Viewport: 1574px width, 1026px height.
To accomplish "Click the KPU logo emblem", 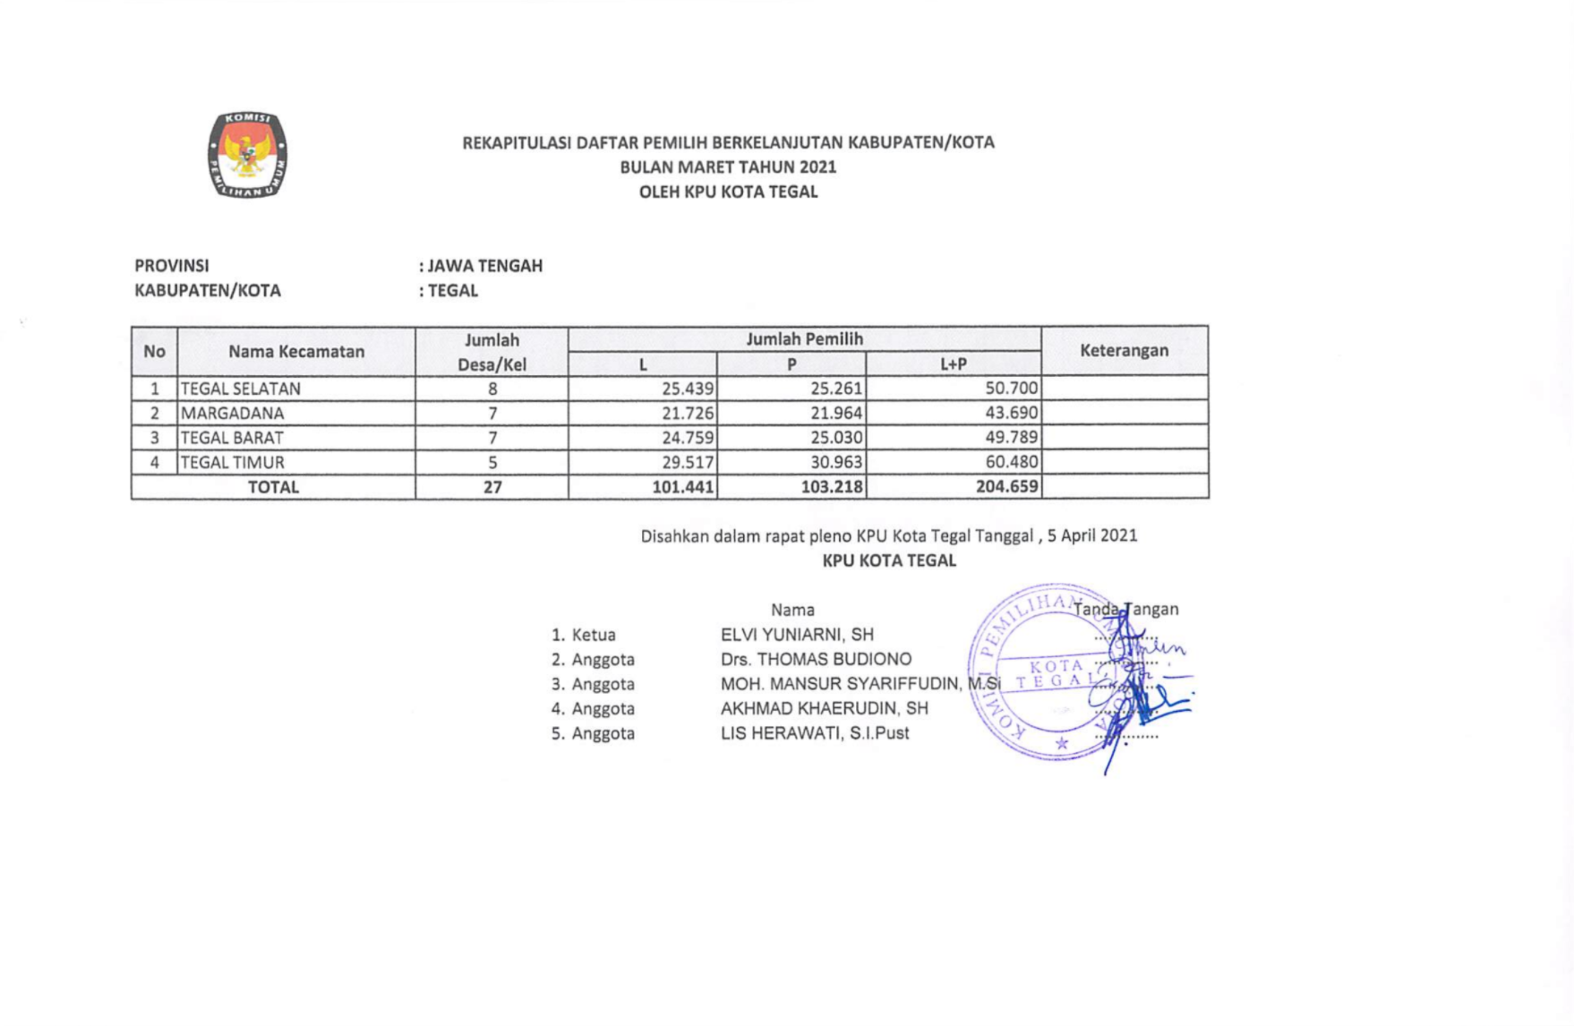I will coord(247,154).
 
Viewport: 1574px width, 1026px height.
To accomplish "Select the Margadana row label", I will coord(232,414).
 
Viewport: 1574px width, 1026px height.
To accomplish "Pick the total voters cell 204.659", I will coord(1006,487).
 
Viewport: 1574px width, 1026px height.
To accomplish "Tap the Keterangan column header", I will coord(1124,350).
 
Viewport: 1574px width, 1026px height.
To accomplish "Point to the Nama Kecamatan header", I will coord(295,351).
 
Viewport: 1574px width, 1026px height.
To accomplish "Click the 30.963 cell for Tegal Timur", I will coord(835,463).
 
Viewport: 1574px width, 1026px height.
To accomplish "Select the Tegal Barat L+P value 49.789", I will coord(1011,438).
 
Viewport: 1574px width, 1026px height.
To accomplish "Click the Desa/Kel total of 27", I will coord(492,487).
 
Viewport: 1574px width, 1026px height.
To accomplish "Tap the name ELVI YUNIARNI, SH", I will coord(797,635).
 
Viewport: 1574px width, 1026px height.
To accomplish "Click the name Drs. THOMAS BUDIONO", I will coord(816,660).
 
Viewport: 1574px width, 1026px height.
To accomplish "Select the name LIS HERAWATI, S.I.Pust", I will coord(814,733).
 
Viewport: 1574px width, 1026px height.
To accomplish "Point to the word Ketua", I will coord(594,635).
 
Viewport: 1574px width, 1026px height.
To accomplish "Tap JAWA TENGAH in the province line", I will coord(484,266).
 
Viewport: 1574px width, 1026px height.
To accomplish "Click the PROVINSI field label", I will coord(172,266).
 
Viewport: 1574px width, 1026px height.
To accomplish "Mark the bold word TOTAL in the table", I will coord(273,487).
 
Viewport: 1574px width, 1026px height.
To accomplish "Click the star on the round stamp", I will coord(1061,743).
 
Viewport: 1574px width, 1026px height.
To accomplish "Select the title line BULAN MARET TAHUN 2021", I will coord(728,167).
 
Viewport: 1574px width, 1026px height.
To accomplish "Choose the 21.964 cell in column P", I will coord(835,414).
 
